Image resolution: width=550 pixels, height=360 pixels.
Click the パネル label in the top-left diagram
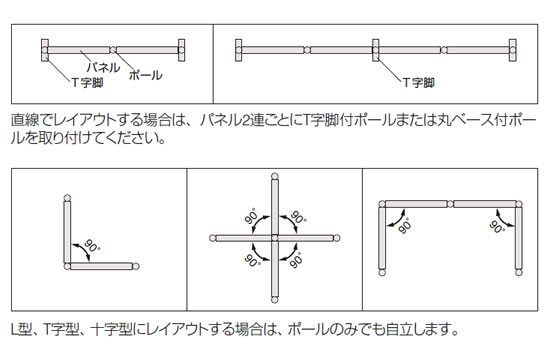(103, 67)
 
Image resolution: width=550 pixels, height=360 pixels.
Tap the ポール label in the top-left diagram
(146, 75)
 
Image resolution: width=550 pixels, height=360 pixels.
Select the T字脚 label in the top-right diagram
(418, 83)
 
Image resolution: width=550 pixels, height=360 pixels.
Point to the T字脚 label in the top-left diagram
(87, 83)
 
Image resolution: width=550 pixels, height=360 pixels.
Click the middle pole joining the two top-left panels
(113, 50)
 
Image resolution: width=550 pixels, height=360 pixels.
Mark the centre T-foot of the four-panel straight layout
(376, 50)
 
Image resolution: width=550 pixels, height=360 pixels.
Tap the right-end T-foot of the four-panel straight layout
(513, 50)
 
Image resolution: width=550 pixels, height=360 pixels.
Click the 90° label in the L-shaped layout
(92, 245)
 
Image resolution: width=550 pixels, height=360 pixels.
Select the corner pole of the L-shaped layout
(67, 266)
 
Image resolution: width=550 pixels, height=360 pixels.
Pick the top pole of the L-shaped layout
(67, 198)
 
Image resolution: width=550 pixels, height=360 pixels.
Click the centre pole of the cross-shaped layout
(275, 238)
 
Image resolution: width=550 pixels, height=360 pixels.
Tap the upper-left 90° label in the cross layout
(251, 216)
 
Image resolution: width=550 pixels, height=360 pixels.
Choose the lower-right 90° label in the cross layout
(297, 260)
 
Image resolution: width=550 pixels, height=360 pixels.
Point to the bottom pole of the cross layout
(275, 300)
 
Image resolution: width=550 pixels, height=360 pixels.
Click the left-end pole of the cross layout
(212, 238)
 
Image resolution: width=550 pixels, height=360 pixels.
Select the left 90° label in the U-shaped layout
(405, 226)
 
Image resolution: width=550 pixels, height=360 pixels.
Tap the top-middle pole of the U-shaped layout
(450, 204)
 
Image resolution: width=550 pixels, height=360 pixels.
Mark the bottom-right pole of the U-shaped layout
(519, 272)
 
